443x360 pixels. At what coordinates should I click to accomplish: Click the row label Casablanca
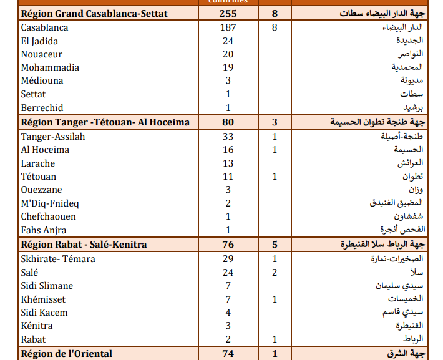point(44,27)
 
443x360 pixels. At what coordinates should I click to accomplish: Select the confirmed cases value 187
point(228,27)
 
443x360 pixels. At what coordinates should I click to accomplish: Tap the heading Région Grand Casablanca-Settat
point(94,14)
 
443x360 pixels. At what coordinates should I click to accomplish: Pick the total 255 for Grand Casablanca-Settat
point(228,14)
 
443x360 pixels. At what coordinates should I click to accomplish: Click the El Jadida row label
point(39,41)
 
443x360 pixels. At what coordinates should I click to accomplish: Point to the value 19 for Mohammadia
point(228,67)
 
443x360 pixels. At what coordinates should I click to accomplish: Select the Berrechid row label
point(42,107)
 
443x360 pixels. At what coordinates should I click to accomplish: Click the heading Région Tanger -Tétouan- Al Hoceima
point(105,122)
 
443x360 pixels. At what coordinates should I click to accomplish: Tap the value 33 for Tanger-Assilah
point(228,137)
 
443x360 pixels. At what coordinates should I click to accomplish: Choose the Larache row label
point(37,163)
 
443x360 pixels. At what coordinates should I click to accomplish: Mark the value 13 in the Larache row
point(228,163)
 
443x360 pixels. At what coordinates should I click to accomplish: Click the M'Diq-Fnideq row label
point(50,203)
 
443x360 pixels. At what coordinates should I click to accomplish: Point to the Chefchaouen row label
point(48,216)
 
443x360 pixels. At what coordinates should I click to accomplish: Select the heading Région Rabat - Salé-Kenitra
point(84,245)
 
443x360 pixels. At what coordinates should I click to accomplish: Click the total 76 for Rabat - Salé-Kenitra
point(228,245)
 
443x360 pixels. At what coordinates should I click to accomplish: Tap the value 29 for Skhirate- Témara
point(228,259)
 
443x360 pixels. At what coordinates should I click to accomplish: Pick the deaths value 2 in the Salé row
point(275,272)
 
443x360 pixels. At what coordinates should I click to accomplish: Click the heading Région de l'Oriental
point(67,354)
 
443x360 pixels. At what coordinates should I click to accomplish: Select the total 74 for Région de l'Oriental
point(228,354)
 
